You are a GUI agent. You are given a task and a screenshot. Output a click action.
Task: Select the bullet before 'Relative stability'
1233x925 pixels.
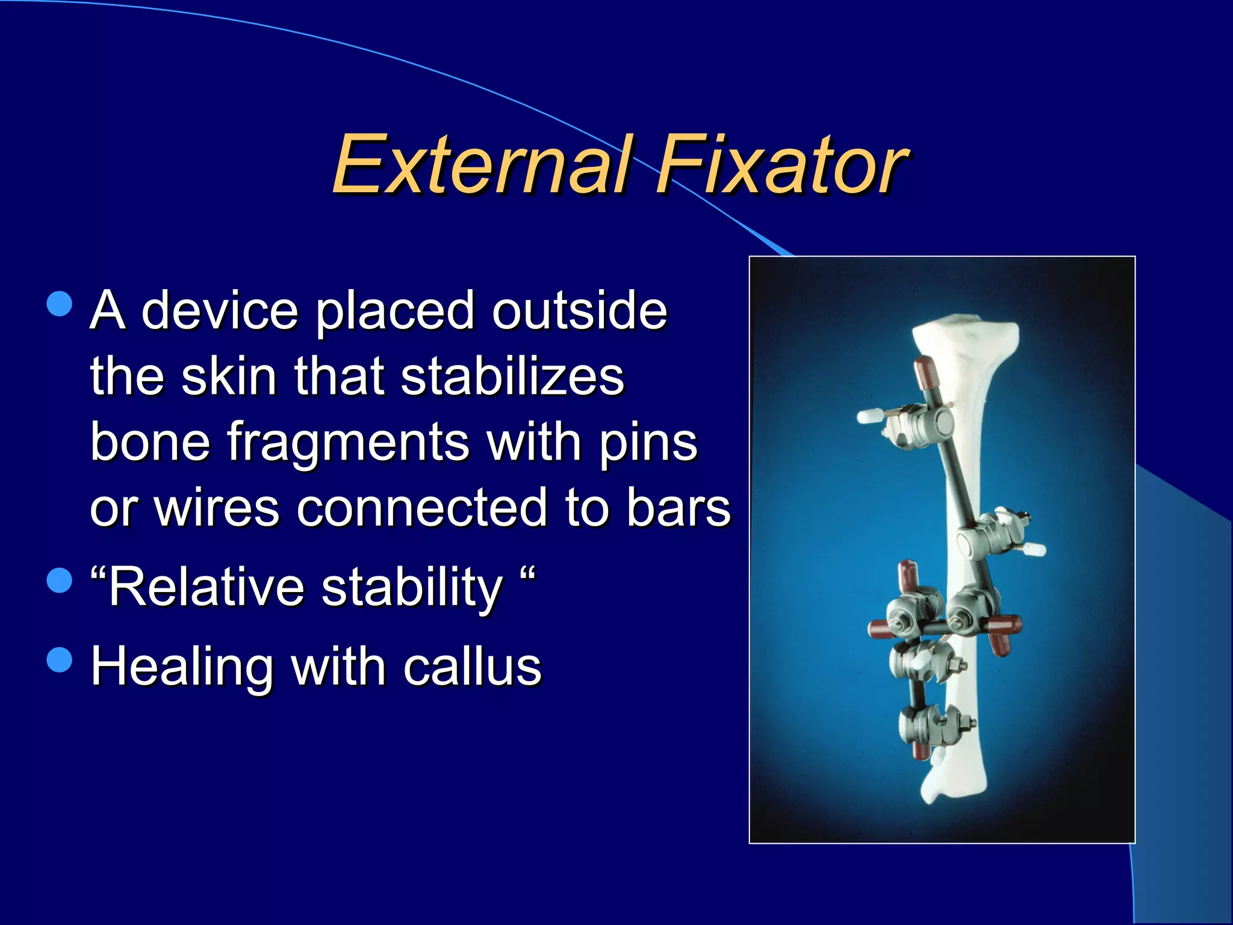pyautogui.click(x=59, y=581)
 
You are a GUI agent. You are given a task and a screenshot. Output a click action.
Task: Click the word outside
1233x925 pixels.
pyautogui.click(x=579, y=311)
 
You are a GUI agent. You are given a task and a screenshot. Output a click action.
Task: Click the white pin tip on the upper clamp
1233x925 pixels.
pyautogui.click(x=869, y=416)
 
